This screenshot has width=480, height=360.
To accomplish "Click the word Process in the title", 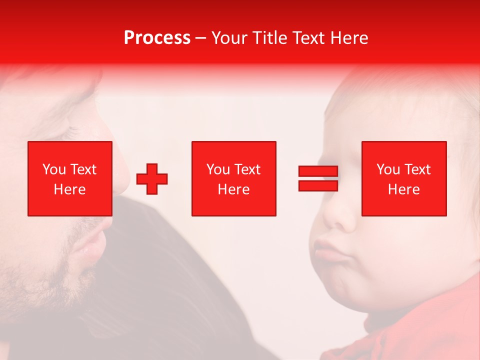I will click(x=157, y=38).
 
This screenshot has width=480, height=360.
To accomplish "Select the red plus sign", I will click(x=152, y=179).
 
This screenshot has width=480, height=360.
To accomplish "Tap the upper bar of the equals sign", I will click(x=318, y=171).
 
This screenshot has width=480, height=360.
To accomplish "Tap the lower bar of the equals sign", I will click(x=318, y=185).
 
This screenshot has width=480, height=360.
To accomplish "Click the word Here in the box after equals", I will click(x=404, y=189).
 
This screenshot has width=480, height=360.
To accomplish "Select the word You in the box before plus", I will click(x=53, y=169).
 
